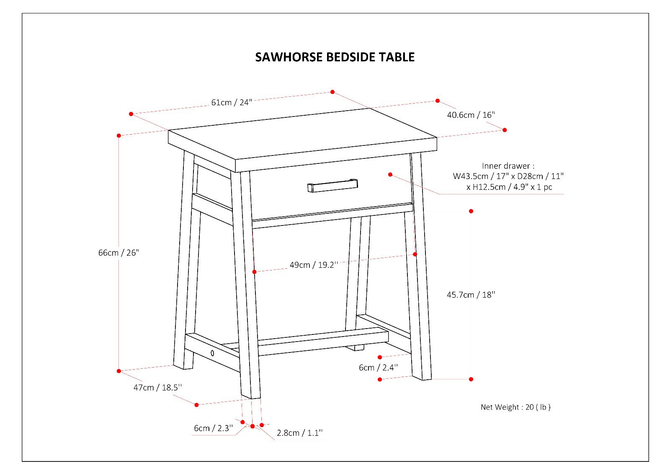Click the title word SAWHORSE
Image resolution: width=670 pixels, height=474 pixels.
click(289, 57)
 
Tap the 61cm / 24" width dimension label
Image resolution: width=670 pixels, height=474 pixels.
click(232, 102)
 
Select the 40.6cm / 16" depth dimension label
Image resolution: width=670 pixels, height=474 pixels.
click(471, 115)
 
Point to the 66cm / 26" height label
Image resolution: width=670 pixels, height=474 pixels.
click(118, 253)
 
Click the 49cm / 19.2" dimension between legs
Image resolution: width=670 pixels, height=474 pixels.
click(313, 265)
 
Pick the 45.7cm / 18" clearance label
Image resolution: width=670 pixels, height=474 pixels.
click(471, 295)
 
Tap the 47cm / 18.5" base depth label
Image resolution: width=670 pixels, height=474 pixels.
click(157, 388)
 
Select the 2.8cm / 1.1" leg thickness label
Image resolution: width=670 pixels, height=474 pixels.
click(299, 433)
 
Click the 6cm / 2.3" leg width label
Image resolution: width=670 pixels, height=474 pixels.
click(213, 428)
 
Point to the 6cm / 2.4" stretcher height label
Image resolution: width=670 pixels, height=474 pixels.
click(378, 368)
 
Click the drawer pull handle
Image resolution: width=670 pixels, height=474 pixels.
click(332, 186)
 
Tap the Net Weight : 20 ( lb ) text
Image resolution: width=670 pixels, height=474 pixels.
click(515, 407)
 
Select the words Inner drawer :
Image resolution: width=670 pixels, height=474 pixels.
click(508, 166)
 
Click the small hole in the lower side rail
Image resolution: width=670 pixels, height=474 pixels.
click(212, 353)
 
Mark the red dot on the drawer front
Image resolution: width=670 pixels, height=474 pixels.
click(390, 174)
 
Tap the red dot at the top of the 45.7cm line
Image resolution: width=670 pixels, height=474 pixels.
click(471, 211)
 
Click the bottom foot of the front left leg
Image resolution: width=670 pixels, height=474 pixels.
click(250, 396)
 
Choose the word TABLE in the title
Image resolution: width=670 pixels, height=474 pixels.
click(397, 57)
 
